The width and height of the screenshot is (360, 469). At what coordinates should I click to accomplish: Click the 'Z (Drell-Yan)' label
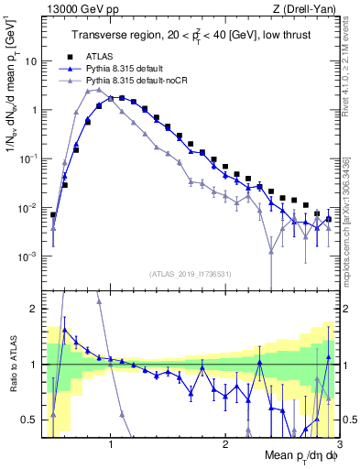pyautogui.click(x=308, y=9)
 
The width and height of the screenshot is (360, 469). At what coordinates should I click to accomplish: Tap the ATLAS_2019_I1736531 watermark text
pyautogui.click(x=191, y=274)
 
